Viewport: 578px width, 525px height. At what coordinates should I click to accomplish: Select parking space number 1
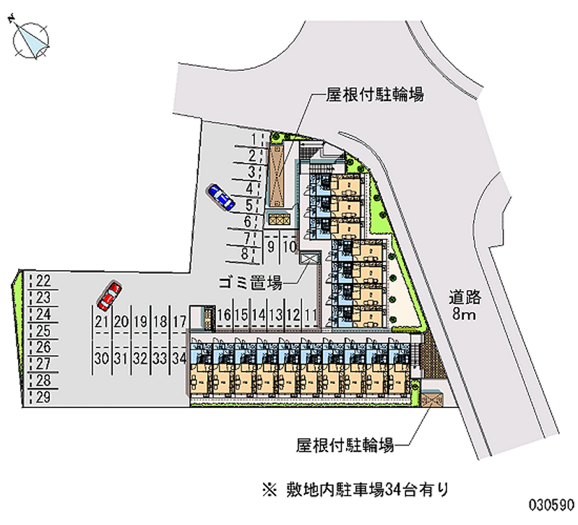(253, 139)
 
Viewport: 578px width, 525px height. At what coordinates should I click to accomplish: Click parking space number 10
(288, 246)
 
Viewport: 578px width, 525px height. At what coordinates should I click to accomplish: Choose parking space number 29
(43, 396)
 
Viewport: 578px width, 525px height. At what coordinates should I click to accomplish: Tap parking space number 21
(101, 321)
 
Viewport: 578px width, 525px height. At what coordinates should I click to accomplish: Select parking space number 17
(181, 321)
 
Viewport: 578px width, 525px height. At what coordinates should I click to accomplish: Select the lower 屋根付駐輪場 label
(344, 446)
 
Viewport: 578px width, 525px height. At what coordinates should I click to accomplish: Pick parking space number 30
(101, 357)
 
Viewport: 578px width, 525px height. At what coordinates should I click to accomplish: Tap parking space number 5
(249, 204)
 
